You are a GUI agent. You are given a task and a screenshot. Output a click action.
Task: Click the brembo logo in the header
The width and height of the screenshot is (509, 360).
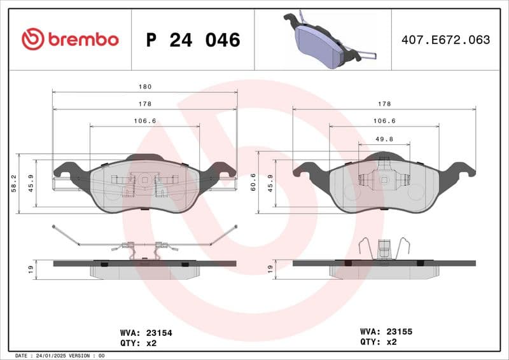(x=70, y=39)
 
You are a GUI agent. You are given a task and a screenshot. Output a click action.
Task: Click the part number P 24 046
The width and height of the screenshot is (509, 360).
(x=193, y=40)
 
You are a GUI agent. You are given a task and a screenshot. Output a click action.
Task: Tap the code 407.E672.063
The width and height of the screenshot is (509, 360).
(x=445, y=40)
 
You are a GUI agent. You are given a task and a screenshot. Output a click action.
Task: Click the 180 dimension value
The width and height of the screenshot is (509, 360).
(x=145, y=87)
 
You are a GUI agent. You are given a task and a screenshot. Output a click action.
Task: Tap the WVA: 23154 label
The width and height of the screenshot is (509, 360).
(x=146, y=332)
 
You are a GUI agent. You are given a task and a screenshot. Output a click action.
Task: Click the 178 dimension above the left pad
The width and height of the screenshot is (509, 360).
(x=145, y=104)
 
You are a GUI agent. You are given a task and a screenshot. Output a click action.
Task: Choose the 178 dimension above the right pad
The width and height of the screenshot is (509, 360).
(x=384, y=104)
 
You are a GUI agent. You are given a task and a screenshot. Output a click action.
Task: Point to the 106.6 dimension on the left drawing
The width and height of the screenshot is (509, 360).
(x=145, y=121)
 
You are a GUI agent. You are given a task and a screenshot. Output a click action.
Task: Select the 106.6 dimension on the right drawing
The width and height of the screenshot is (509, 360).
(x=384, y=121)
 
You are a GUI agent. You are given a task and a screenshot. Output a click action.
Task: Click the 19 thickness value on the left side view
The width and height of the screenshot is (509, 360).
(x=31, y=269)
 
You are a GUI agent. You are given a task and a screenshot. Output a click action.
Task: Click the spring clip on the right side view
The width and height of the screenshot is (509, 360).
(x=384, y=248)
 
